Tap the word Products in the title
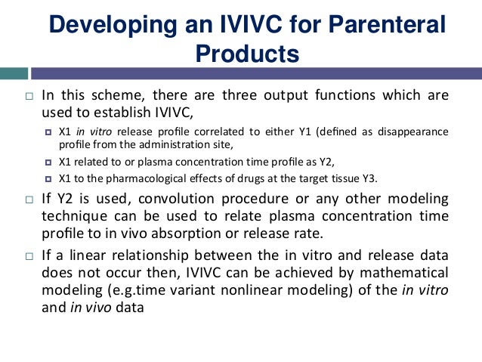click(247, 54)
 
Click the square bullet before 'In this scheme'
click(28, 97)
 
